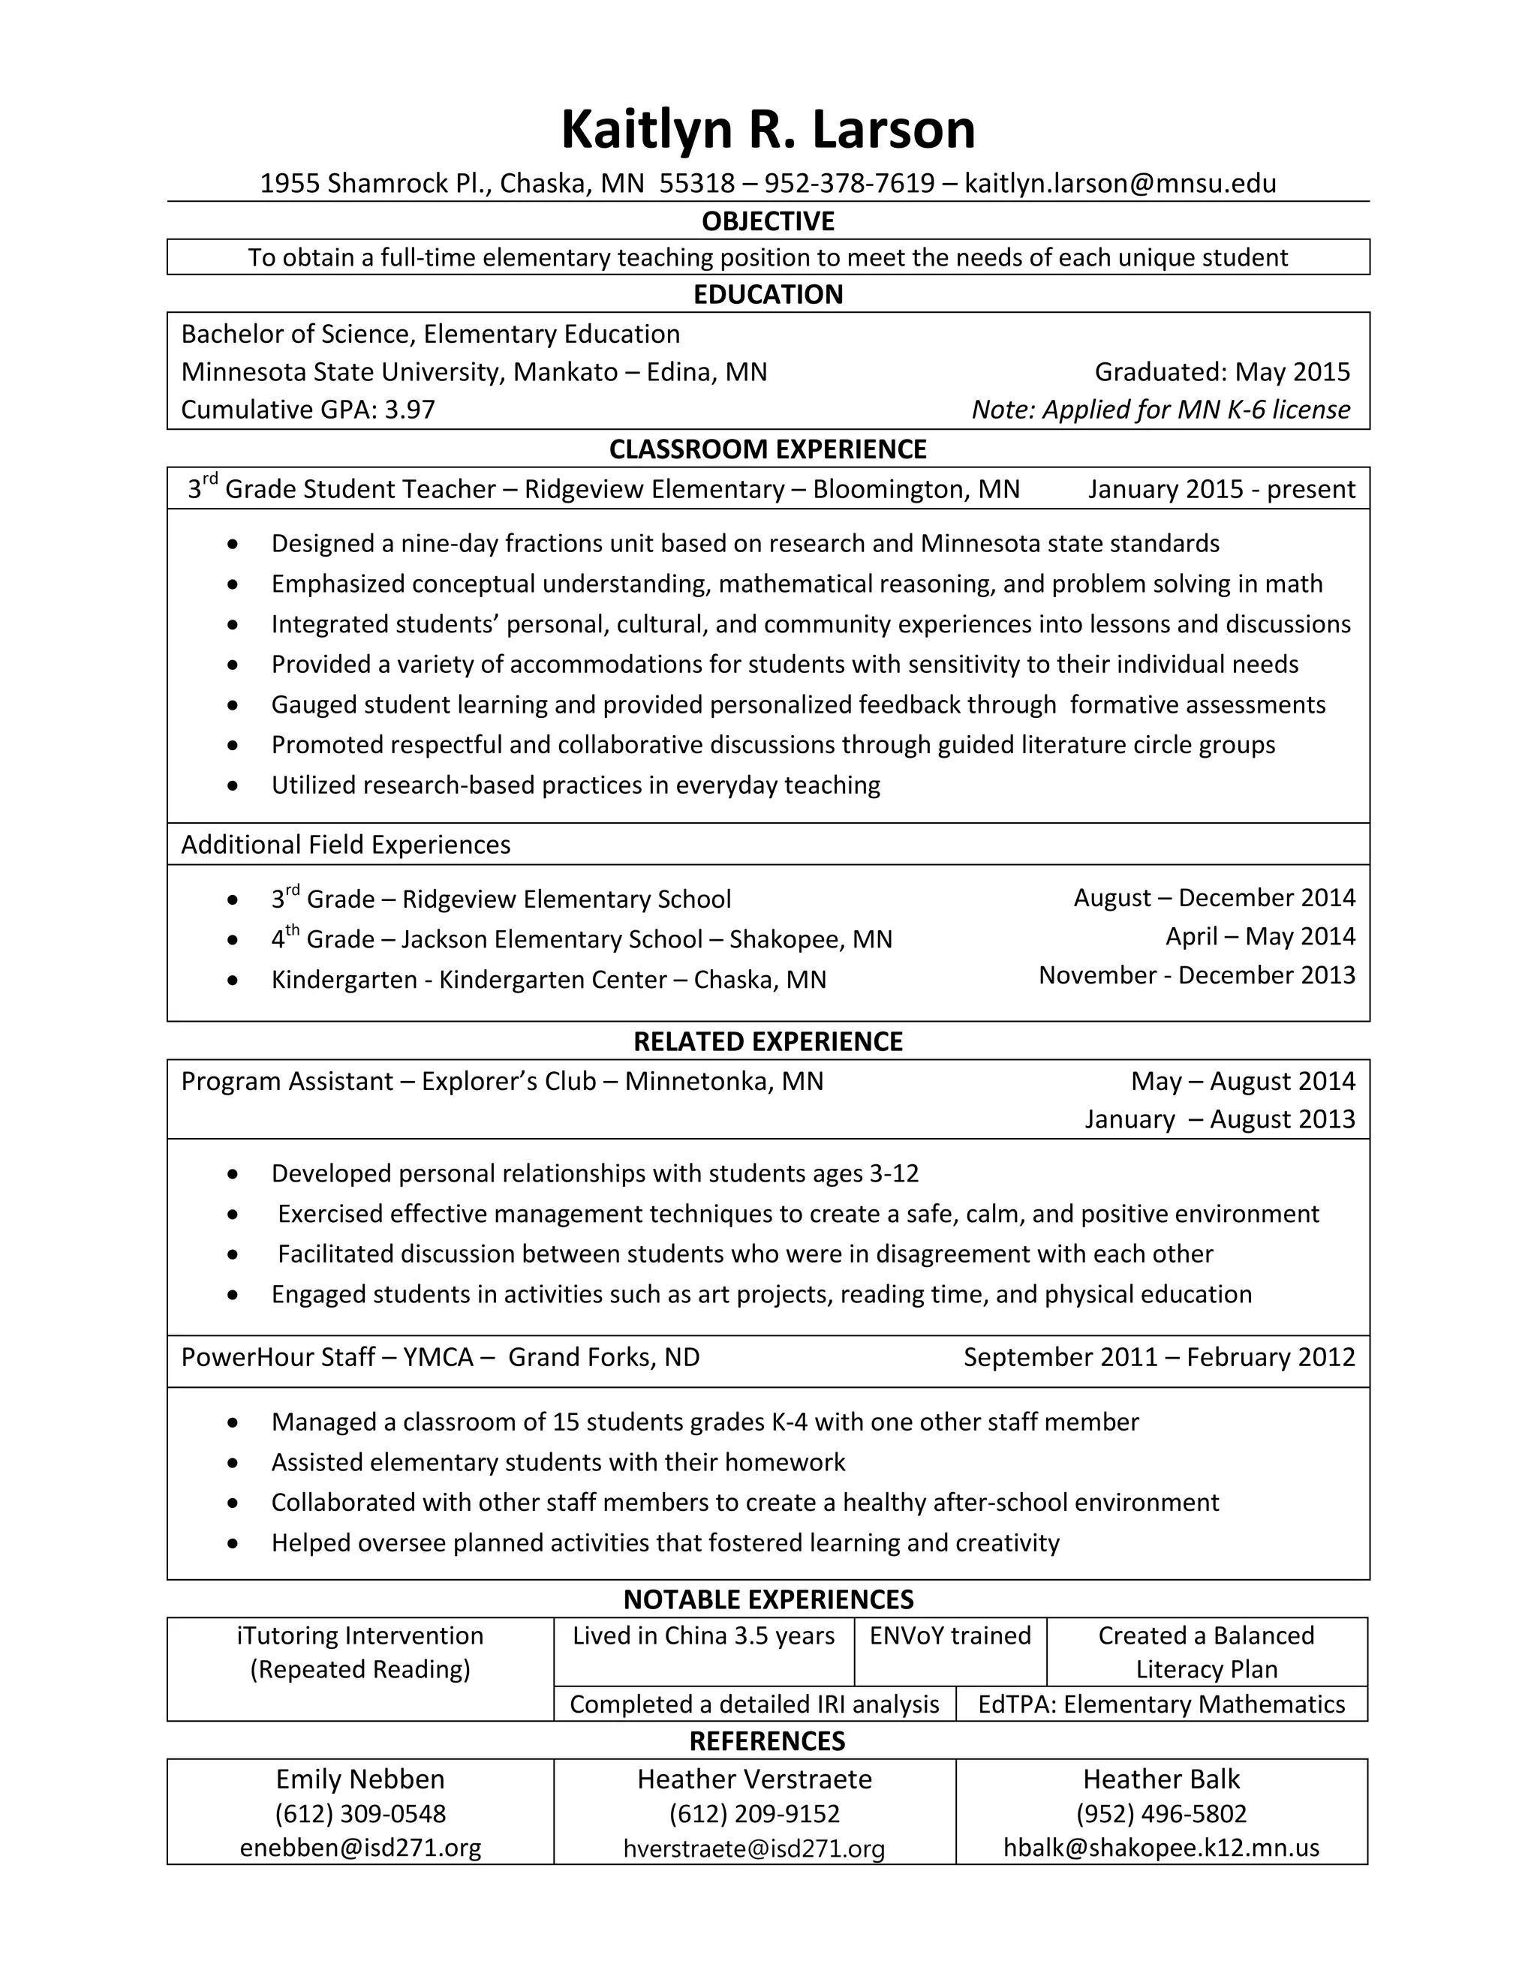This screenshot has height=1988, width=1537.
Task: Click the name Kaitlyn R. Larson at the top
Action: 768,129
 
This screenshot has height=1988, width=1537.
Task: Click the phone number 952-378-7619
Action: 849,183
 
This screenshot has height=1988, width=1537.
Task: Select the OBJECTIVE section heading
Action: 768,221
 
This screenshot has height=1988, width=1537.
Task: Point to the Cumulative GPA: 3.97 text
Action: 308,410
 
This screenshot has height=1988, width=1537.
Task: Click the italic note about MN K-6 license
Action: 1160,410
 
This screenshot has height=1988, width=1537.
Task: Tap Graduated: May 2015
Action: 1222,371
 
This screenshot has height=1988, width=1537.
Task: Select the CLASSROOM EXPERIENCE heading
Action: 768,449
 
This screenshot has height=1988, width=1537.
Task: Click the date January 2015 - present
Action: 1221,489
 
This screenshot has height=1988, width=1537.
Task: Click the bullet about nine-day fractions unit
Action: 744,543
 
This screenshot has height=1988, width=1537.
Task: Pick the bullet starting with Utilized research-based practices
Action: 576,785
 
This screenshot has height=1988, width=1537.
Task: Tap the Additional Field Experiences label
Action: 346,845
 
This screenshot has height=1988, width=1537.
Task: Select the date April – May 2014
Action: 1260,937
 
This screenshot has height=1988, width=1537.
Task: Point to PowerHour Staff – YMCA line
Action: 440,1357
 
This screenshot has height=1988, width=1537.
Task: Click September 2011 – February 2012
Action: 1159,1357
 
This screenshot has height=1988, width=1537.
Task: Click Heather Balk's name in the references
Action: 1161,1779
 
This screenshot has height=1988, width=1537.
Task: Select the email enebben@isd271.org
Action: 360,1848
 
